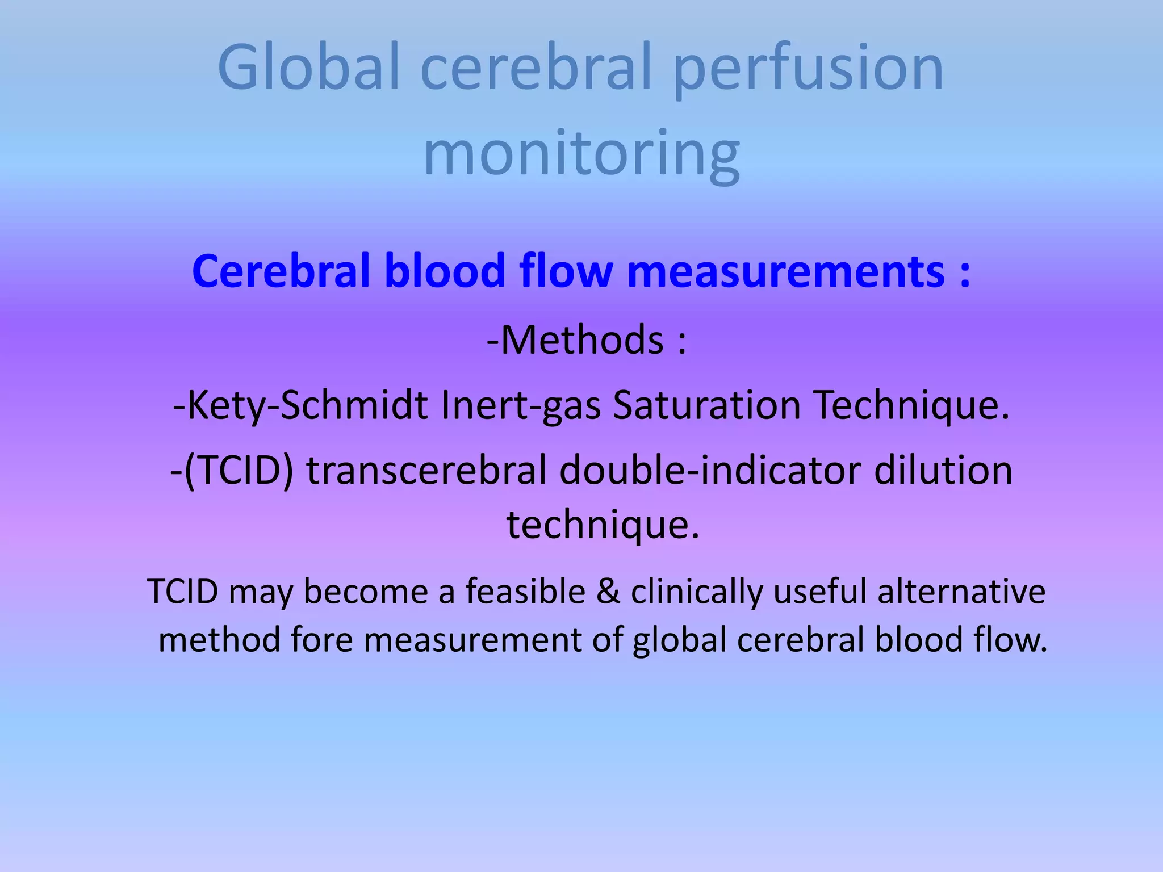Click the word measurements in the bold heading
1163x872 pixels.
tap(786, 271)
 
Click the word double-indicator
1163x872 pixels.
tap(709, 471)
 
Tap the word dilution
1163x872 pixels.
tap(943, 471)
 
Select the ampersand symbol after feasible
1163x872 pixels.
tap(608, 591)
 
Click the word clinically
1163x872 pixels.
tap(696, 591)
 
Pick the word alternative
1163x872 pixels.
tap(961, 591)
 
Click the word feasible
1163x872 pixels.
tap(526, 591)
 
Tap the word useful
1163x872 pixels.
tap(819, 591)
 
